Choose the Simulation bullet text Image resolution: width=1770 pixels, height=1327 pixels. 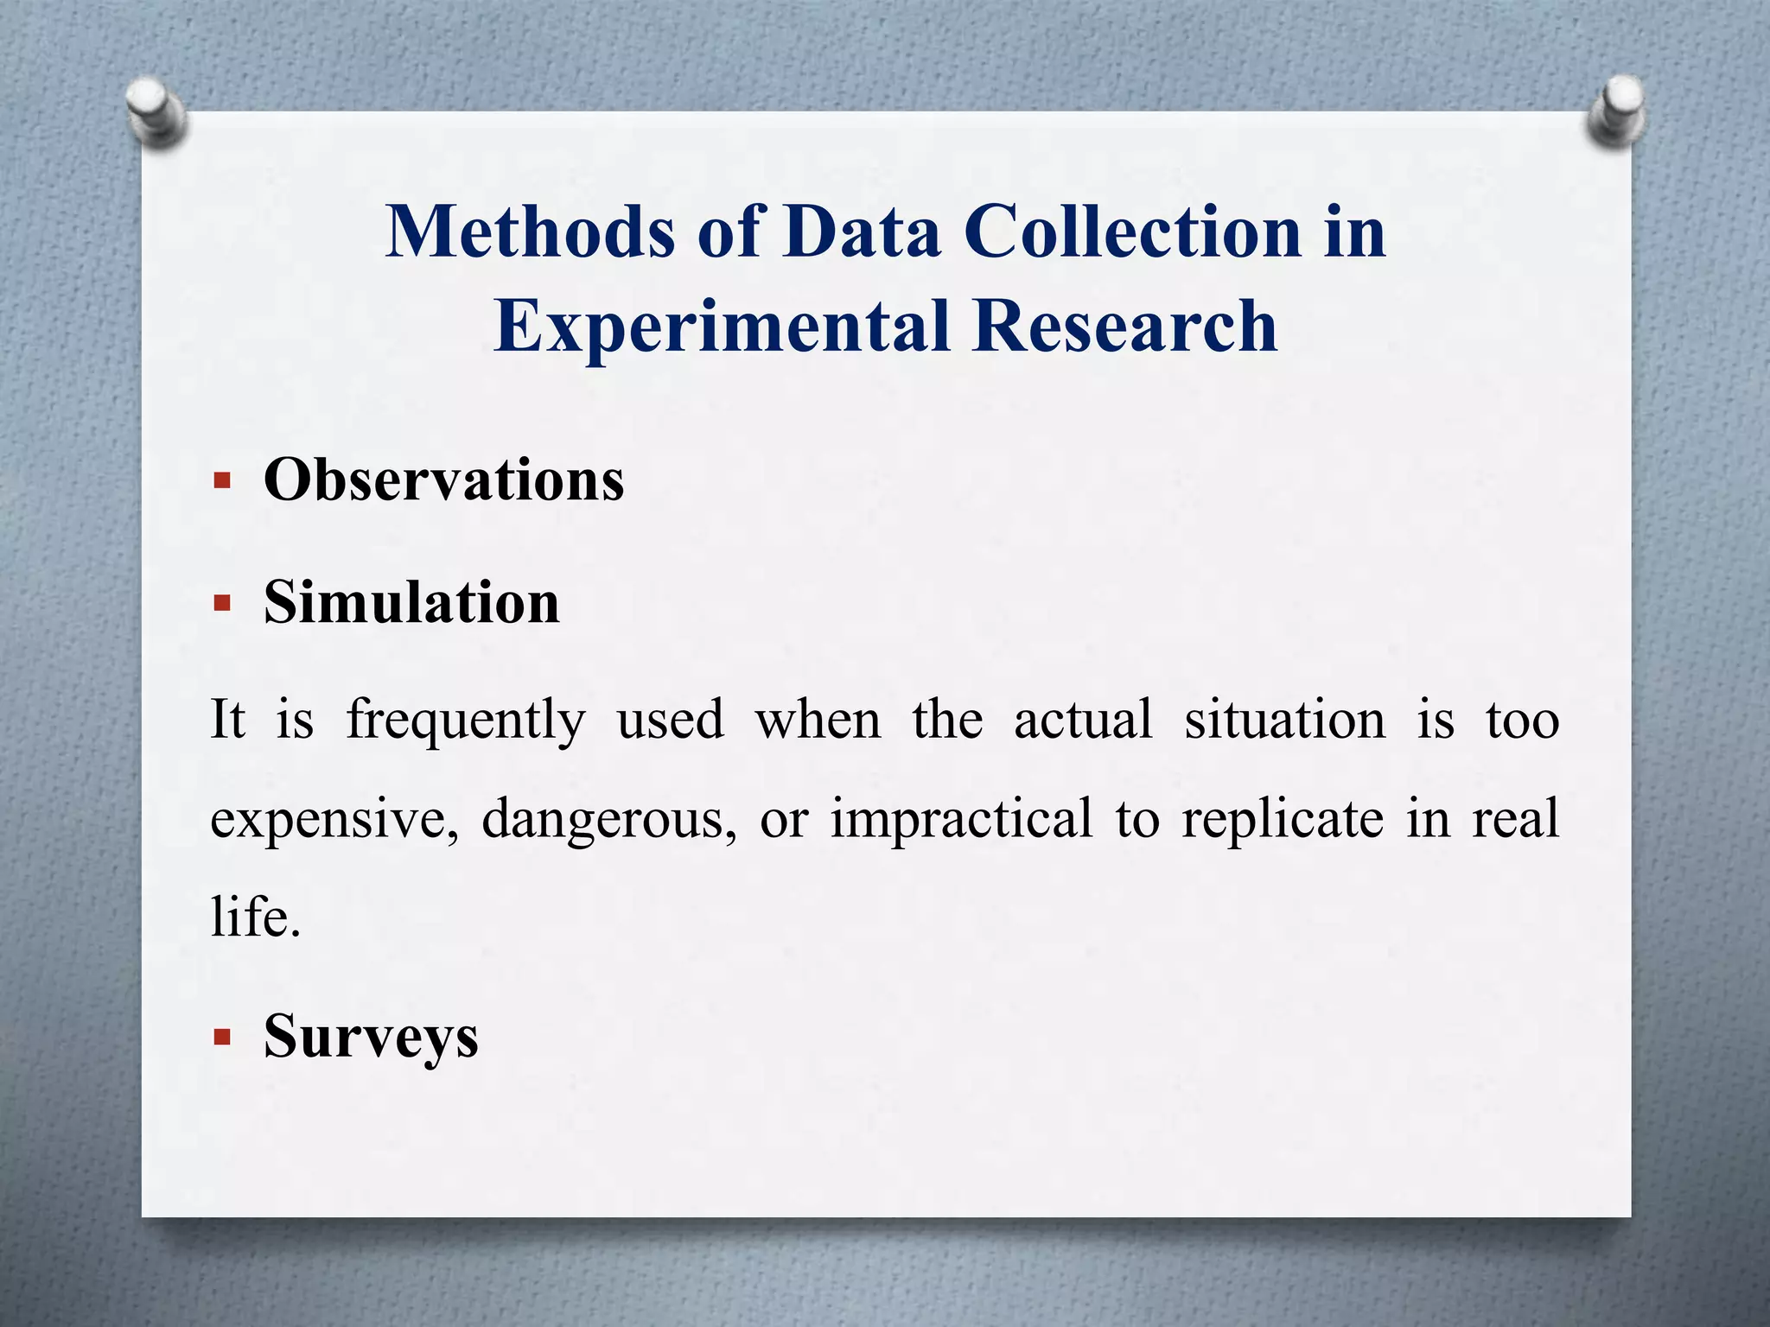411,602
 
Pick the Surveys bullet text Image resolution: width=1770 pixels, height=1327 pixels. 371,1036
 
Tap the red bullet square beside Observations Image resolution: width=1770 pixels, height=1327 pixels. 222,480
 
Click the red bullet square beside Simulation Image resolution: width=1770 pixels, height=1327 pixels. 222,603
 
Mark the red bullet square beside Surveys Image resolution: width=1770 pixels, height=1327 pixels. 222,1037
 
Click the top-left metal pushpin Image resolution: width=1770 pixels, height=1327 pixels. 156,111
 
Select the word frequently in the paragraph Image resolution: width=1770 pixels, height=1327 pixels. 466,721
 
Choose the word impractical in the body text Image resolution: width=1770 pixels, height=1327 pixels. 961,819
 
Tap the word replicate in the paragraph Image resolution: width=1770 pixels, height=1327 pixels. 1283,819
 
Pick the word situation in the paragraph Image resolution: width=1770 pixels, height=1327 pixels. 1284,721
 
